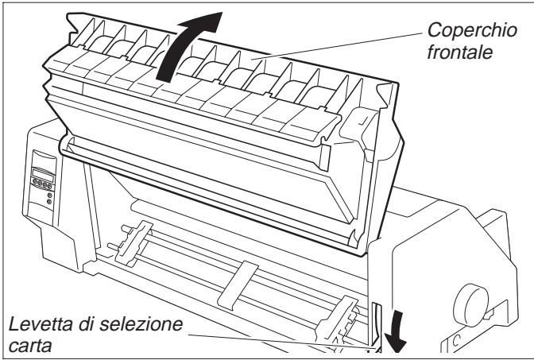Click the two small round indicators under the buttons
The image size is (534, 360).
[49, 198]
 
